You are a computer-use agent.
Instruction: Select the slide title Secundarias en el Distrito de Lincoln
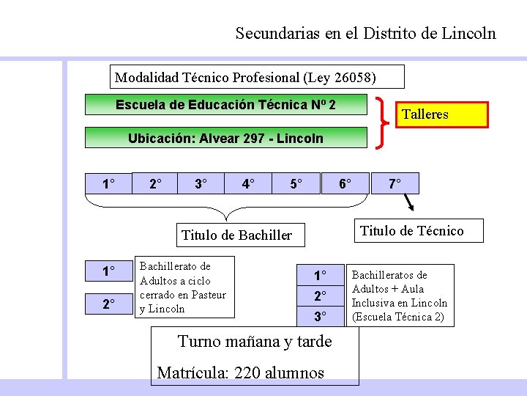pos(365,33)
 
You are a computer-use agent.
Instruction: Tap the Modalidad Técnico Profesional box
pos(246,77)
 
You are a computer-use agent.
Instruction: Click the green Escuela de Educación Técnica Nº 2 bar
pos(225,105)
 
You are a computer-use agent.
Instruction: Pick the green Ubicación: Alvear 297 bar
pos(225,138)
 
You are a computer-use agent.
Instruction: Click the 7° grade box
pos(394,183)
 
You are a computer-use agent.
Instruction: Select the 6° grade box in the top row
pos(343,183)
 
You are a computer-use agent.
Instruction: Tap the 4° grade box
pos(249,183)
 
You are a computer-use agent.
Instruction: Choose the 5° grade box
pos(296,183)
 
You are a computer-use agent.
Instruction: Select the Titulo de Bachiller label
pos(236,235)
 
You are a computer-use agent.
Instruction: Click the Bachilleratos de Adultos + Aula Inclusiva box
pos(400,296)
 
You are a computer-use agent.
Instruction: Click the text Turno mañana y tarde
pos(255,342)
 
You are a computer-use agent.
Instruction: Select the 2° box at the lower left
pos(108,304)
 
